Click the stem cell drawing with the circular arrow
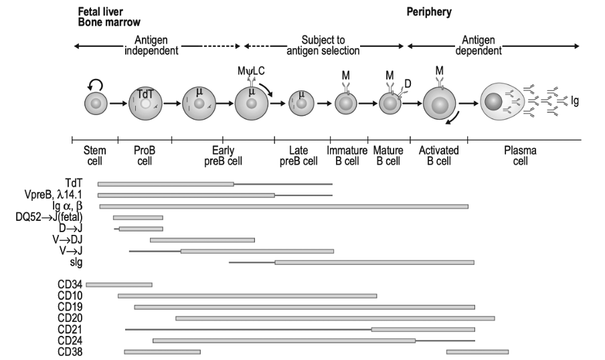click(96, 104)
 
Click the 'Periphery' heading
click(430, 11)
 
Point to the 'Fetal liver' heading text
click(99, 11)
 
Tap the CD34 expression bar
click(119, 284)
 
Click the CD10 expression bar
click(247, 295)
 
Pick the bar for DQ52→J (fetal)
click(138, 217)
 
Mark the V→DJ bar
click(202, 240)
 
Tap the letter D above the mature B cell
click(408, 84)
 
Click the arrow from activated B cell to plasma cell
click(468, 104)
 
